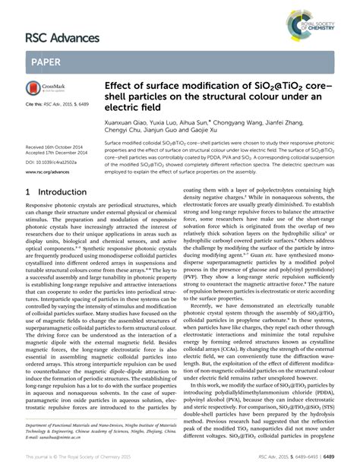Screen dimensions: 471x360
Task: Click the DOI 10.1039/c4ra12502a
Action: [55, 162]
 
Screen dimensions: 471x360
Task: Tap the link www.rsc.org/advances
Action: [48, 172]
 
